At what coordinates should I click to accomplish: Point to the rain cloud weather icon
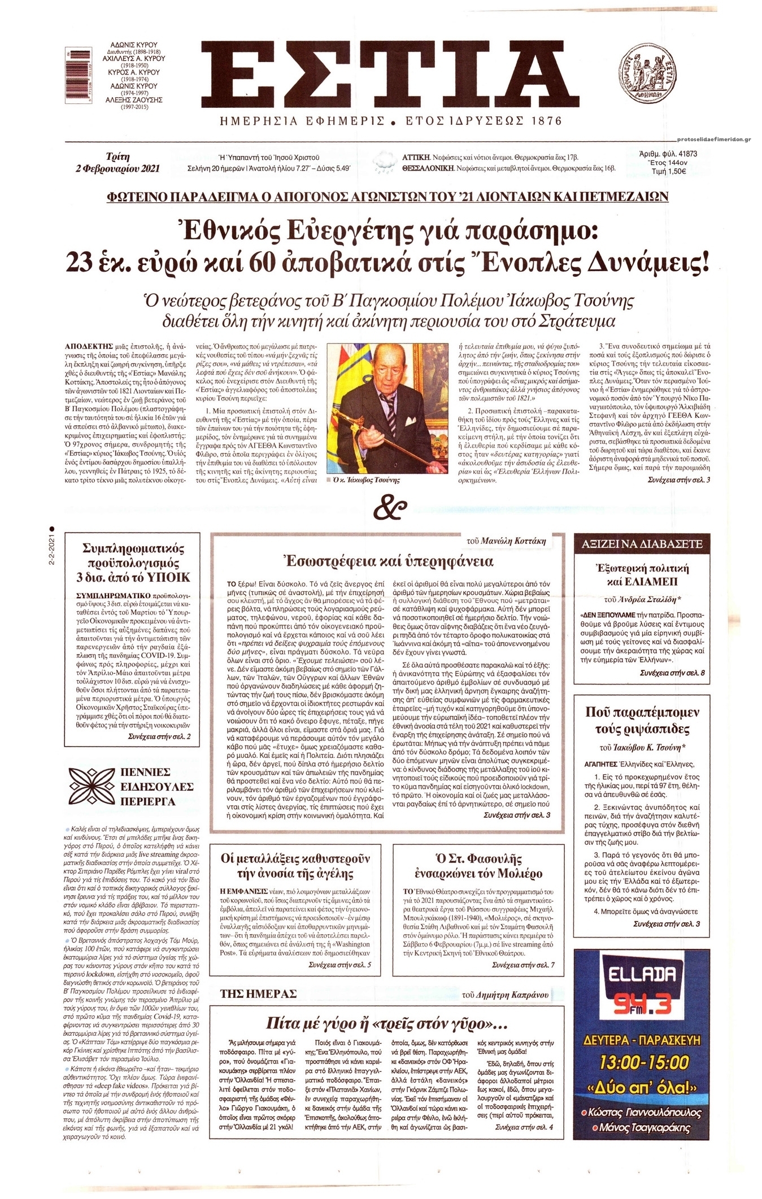point(384,162)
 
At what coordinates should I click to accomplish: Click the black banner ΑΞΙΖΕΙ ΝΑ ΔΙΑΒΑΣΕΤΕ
point(643,544)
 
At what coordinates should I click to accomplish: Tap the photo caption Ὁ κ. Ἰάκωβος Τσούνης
point(367,480)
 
